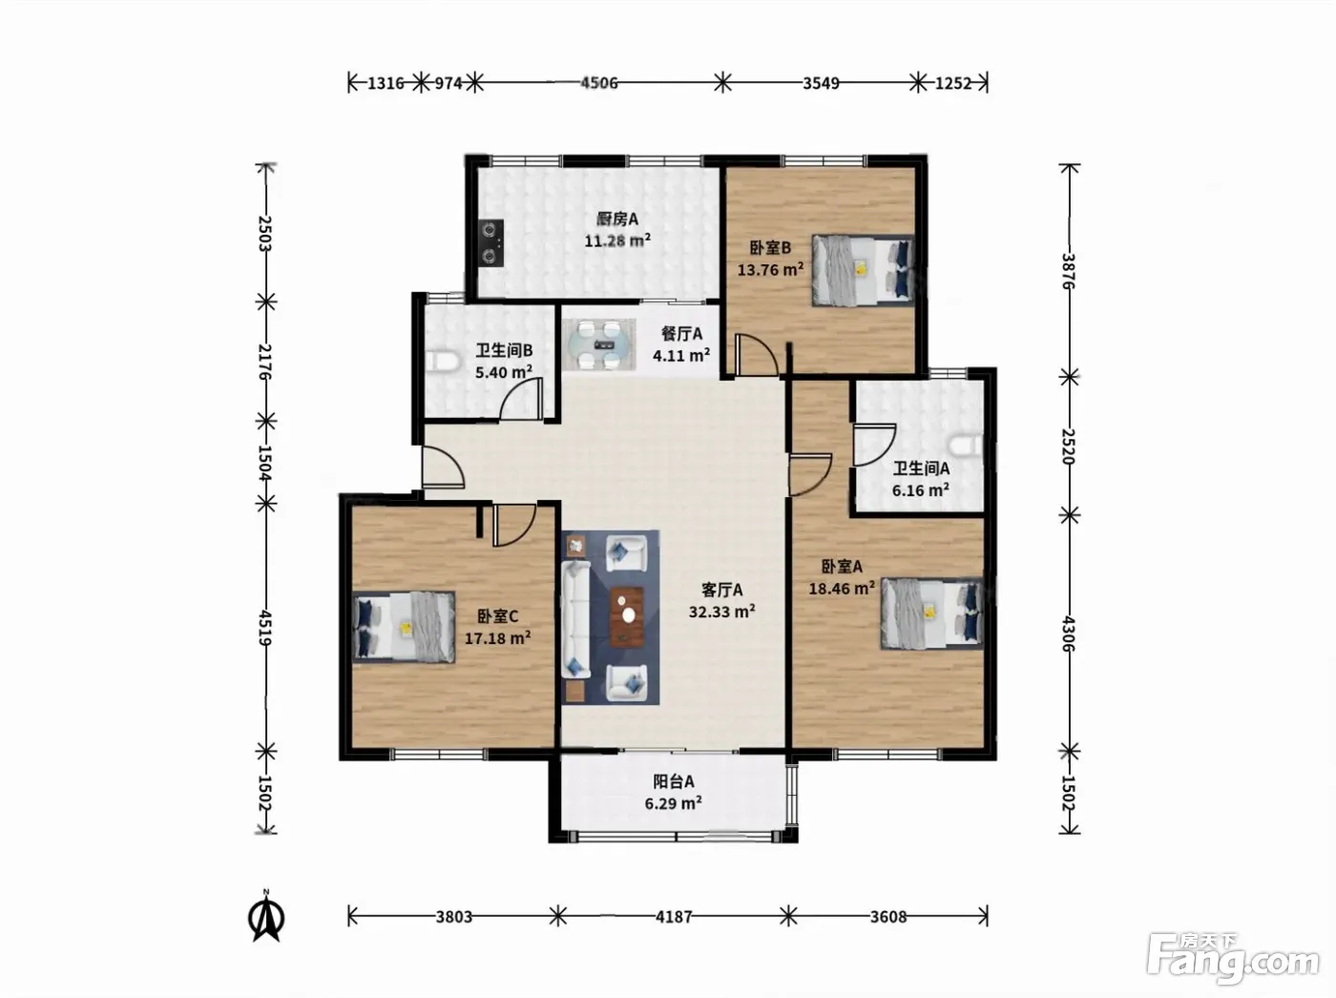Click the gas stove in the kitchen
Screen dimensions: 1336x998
pyautogui.click(x=491, y=242)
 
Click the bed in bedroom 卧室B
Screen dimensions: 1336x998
pyautogui.click(x=863, y=270)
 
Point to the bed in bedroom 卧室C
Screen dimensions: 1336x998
pyautogui.click(x=404, y=626)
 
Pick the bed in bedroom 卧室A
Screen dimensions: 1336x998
pyautogui.click(x=931, y=613)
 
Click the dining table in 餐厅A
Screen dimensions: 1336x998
pyautogui.click(x=599, y=345)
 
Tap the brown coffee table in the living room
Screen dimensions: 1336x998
pyautogui.click(x=627, y=617)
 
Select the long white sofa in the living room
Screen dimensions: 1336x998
pyautogui.click(x=575, y=619)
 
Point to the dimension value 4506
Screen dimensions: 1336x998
pyautogui.click(x=599, y=83)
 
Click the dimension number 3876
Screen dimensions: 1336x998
pyautogui.click(x=1069, y=271)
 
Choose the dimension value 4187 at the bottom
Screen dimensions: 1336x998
pyautogui.click(x=674, y=916)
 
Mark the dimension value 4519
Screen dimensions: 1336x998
pyautogui.click(x=265, y=628)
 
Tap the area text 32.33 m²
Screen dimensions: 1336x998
pyautogui.click(x=721, y=611)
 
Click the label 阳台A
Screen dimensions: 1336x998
pyautogui.click(x=674, y=780)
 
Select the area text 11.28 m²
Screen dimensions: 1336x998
pyautogui.click(x=617, y=240)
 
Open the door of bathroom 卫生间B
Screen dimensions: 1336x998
pyautogui.click(x=521, y=399)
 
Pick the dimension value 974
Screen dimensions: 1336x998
pyautogui.click(x=448, y=83)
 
